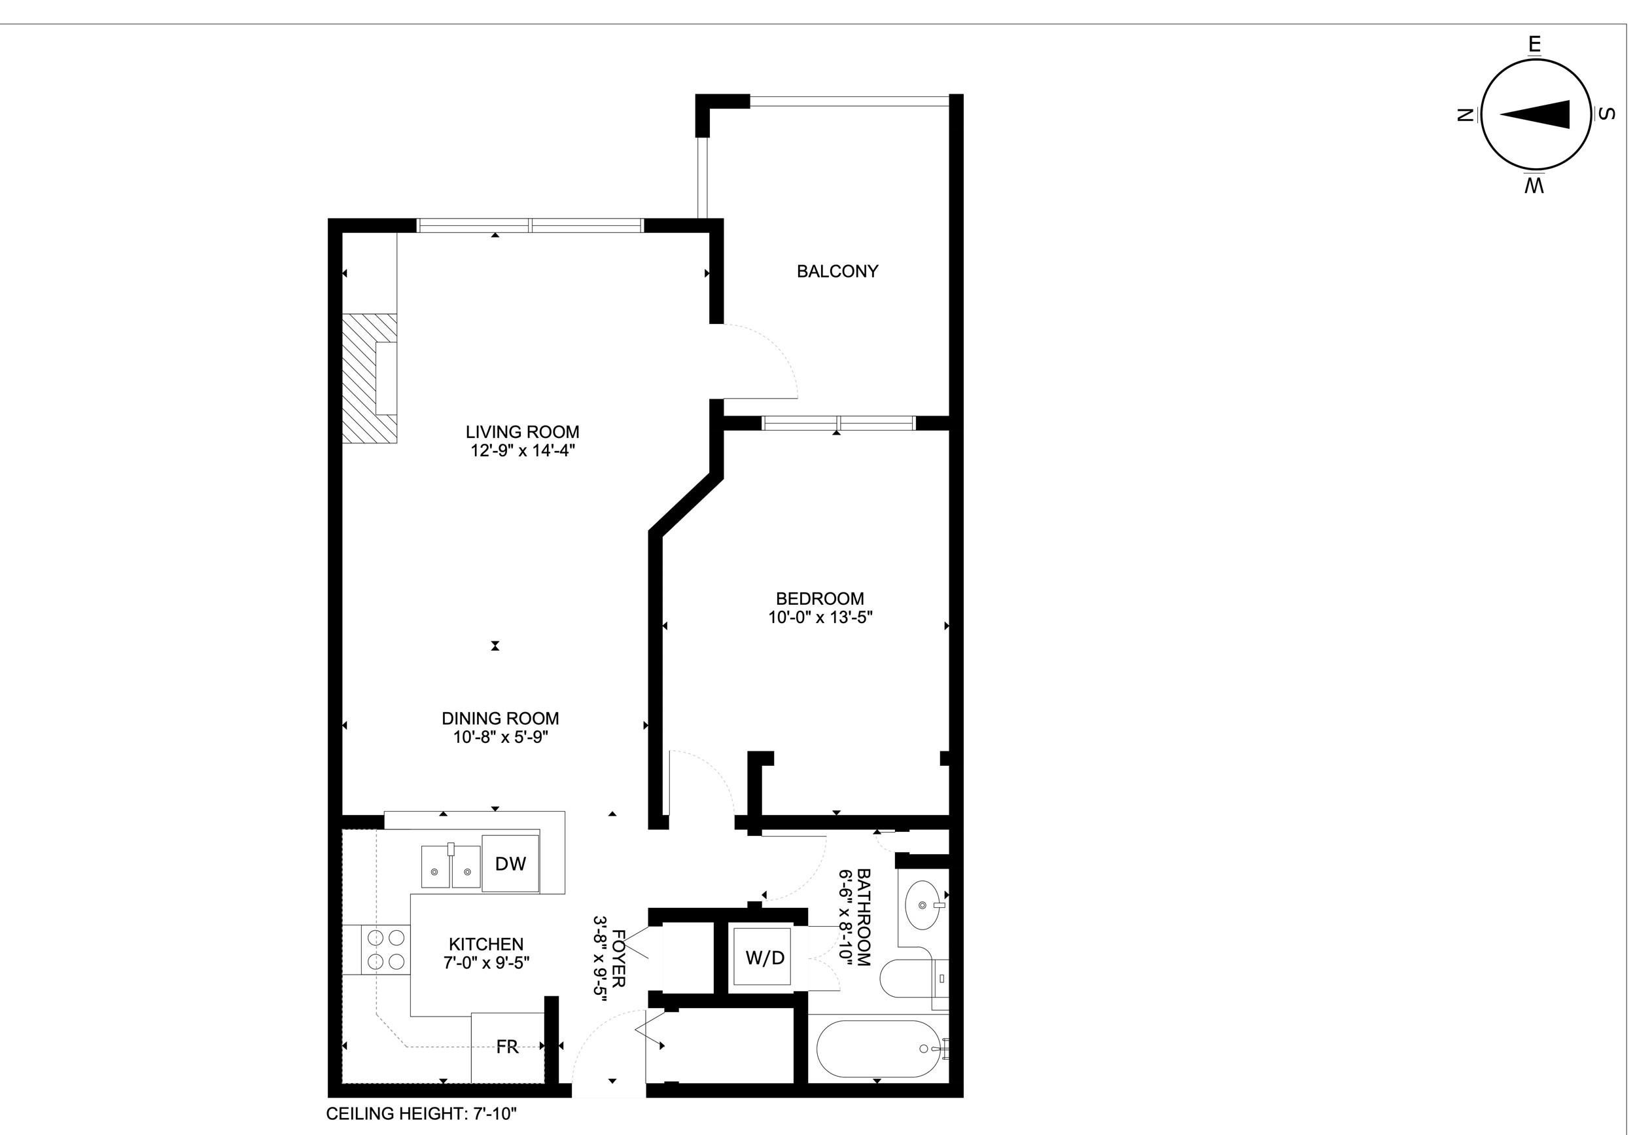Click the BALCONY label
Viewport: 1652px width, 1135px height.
coord(837,271)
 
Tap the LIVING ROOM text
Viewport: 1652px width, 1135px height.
coord(523,431)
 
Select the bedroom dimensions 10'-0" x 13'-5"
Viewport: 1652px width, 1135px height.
coord(820,617)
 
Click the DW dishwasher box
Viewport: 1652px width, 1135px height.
coord(510,863)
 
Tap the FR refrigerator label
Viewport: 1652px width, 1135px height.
coord(507,1046)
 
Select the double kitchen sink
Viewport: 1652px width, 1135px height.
coord(451,867)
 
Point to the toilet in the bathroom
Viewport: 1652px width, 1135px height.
coord(910,979)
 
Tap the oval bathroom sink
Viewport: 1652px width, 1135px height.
coord(922,905)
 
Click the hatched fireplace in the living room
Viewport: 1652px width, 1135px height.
coord(368,378)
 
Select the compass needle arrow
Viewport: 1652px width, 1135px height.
coord(1536,115)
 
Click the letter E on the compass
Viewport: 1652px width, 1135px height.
coord(1534,45)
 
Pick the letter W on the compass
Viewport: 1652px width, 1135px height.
coord(1534,187)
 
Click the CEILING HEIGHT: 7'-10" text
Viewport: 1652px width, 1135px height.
coord(421,1113)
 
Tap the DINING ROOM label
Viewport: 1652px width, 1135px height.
coord(500,718)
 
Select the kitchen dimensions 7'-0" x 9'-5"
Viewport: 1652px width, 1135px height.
coord(486,963)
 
